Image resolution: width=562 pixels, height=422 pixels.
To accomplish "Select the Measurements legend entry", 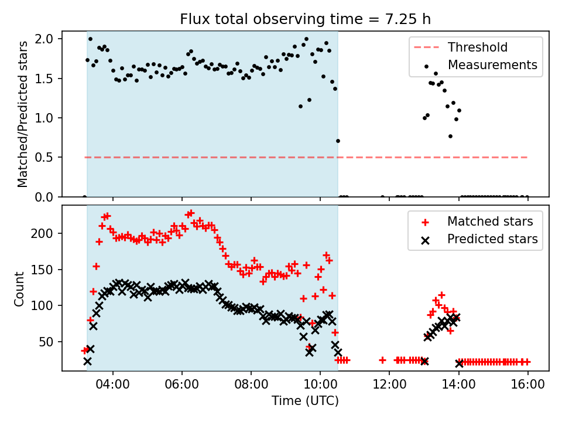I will coord(492,64).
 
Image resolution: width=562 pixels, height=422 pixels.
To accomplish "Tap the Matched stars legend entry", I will coord(490,222).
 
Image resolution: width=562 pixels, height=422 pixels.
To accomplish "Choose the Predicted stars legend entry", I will coord(492,239).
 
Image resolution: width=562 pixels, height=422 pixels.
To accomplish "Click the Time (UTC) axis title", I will coord(305,401).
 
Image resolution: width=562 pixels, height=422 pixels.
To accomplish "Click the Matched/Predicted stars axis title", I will coord(23,114).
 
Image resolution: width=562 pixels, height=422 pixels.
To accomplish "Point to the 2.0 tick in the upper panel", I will coord(46,39).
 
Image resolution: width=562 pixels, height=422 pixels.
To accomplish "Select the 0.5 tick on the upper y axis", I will coord(46,158).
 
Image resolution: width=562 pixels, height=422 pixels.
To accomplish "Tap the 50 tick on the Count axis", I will coord(46,342).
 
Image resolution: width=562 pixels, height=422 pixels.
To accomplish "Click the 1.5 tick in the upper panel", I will coord(46,79).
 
